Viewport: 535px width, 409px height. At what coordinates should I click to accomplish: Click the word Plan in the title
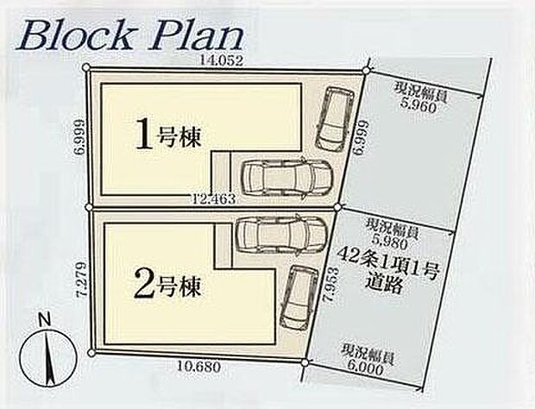coord(197,37)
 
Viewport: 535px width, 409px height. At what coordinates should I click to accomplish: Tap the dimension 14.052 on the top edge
coord(222,60)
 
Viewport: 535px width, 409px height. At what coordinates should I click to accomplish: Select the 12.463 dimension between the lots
coord(214,198)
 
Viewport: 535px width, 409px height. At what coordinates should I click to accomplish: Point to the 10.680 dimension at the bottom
coord(199,367)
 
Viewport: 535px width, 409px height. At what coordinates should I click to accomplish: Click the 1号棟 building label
coord(167,138)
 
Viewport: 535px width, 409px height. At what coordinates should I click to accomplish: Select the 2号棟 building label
coord(167,286)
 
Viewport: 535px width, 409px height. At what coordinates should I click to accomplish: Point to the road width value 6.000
coord(366,369)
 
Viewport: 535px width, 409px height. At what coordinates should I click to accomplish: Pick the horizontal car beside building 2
coord(281,234)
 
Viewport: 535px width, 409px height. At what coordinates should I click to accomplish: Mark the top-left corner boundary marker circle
coord(87,68)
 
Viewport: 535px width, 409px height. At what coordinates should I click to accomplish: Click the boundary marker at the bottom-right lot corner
coord(305,362)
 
